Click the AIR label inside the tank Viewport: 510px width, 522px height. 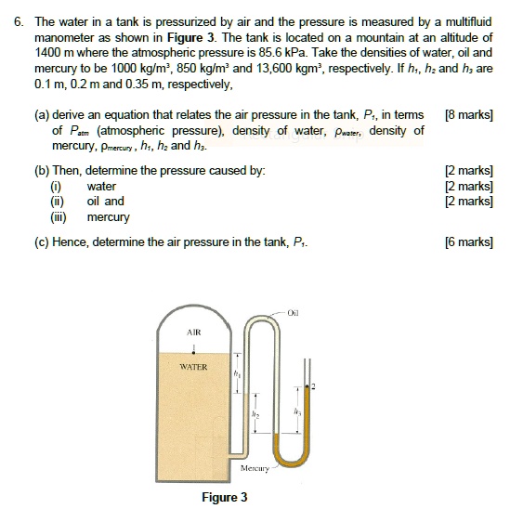193,332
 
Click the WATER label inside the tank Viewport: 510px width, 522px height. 193,367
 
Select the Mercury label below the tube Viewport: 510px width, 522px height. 254,468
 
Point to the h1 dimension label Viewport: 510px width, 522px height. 238,374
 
